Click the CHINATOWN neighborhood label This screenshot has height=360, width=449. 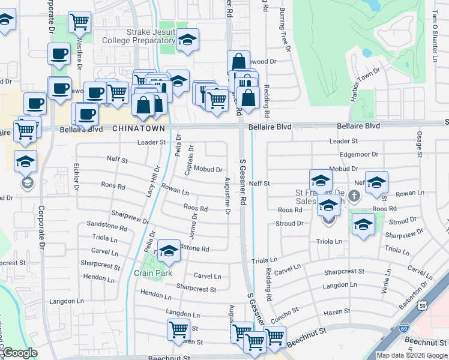tap(139, 128)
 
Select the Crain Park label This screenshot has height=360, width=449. tap(152, 273)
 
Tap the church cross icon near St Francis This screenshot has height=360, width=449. tap(354, 196)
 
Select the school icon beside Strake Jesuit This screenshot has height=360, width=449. tap(188, 40)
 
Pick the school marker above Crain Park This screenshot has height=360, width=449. tap(169, 252)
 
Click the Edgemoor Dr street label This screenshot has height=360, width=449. tap(358, 154)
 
